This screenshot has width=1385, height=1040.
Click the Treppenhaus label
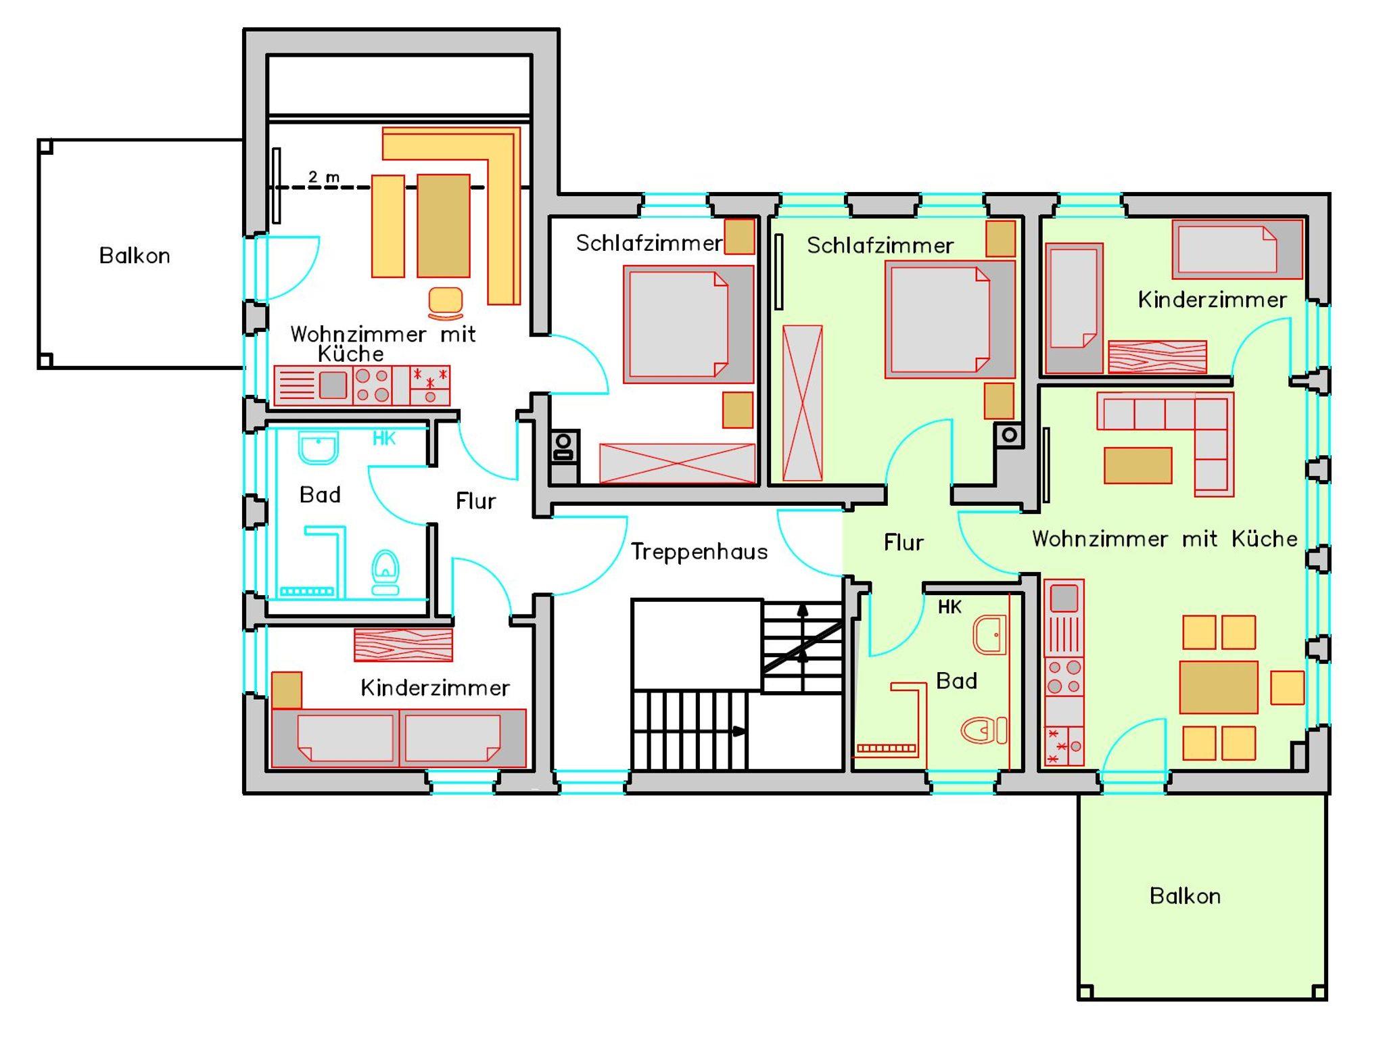(x=699, y=552)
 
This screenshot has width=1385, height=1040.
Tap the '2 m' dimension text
(x=324, y=177)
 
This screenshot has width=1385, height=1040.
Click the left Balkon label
(x=135, y=256)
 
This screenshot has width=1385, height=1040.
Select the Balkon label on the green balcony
(x=1185, y=896)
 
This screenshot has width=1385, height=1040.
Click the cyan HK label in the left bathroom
(x=384, y=439)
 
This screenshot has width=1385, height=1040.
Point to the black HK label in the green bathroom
(x=949, y=607)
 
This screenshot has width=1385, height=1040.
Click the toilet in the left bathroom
(x=385, y=572)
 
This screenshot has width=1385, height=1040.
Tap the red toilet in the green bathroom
(x=984, y=730)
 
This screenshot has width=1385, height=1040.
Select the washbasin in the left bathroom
(x=318, y=448)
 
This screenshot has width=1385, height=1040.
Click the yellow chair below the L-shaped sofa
(x=446, y=303)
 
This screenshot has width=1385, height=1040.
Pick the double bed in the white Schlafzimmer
(x=688, y=325)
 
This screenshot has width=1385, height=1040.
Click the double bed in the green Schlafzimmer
(x=950, y=319)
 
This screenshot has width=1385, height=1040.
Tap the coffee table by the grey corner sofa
(x=1138, y=465)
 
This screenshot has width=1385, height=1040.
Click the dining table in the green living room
(x=1219, y=687)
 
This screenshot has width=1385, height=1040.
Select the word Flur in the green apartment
(x=903, y=542)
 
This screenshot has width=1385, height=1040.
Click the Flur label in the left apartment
(x=475, y=501)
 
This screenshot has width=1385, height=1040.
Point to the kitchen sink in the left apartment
(x=333, y=385)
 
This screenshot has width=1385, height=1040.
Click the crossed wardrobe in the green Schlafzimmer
(x=803, y=403)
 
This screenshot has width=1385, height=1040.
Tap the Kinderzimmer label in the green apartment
(x=1212, y=300)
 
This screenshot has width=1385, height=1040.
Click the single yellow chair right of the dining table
(x=1288, y=688)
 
